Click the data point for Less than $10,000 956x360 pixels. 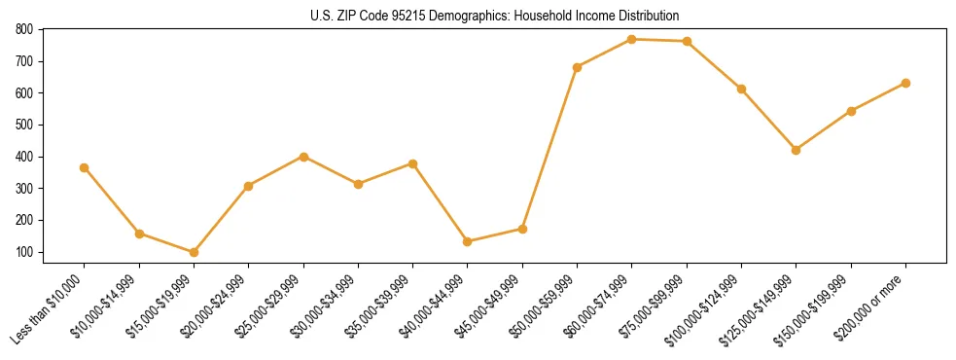click(85, 167)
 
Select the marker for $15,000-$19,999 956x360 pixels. click(194, 252)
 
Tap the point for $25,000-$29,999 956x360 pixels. click(303, 157)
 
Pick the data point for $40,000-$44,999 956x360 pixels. click(468, 241)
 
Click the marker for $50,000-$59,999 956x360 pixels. click(578, 67)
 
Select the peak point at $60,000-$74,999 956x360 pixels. click(632, 39)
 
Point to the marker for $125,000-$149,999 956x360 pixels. click(797, 150)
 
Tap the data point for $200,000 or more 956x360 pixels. click(905, 83)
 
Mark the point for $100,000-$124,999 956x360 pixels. click(742, 89)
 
